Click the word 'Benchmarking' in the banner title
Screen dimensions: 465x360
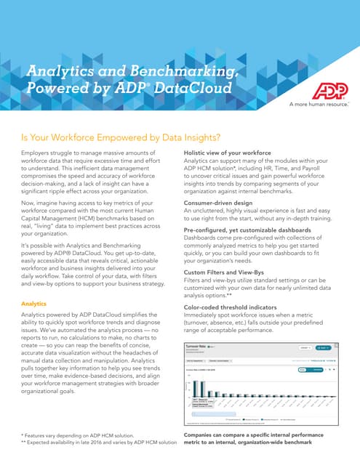point(172,71)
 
